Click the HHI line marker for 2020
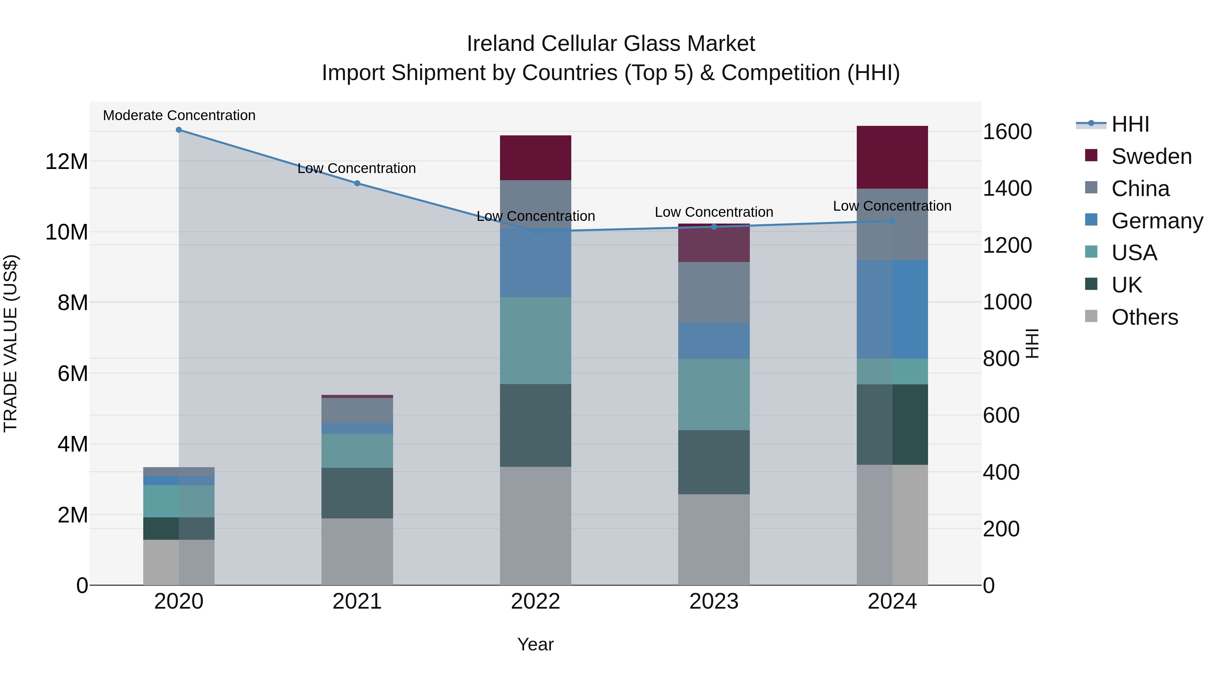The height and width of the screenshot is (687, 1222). coord(179,130)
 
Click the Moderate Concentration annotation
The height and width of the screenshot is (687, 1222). coord(179,116)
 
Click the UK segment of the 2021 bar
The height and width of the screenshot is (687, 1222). coord(357,493)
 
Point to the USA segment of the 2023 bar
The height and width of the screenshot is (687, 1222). coord(714,395)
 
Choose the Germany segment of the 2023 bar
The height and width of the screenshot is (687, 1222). coord(714,341)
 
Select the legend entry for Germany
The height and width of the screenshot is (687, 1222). coord(1156,221)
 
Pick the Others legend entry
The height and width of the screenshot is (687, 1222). coord(1144,317)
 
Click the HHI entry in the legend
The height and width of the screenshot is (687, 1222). coord(1130,124)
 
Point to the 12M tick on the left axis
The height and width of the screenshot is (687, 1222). coord(67,162)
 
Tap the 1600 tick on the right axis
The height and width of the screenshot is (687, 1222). coord(1007,132)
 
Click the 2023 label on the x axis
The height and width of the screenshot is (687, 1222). coord(714,602)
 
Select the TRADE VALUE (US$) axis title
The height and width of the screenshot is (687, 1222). coord(11,343)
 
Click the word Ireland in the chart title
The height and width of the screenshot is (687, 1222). coord(500,44)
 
